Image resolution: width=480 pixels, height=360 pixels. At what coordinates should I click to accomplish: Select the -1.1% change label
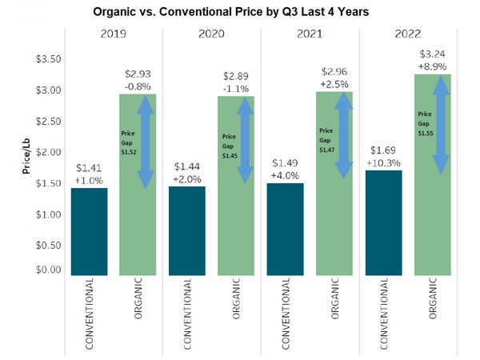(x=237, y=86)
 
